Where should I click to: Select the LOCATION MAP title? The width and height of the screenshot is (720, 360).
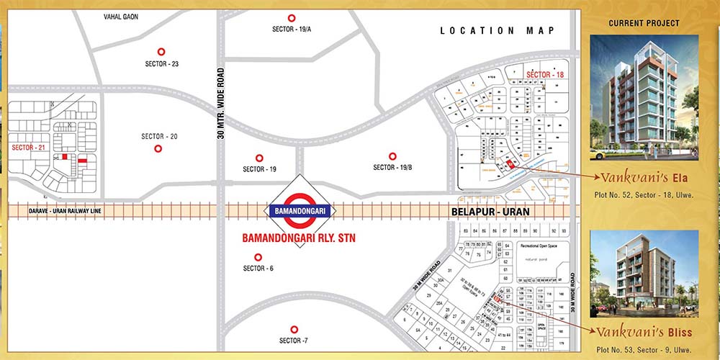(498, 30)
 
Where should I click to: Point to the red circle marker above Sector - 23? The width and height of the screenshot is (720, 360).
(161, 51)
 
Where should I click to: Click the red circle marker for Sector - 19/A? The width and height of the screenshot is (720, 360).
(292, 18)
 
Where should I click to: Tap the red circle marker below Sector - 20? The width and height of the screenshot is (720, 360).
(158, 149)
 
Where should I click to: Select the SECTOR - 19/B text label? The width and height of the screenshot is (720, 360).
(392, 168)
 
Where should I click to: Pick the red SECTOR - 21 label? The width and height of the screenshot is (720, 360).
(30, 147)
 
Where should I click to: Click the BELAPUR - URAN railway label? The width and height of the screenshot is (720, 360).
(490, 212)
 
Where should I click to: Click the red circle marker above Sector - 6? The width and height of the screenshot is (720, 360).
(257, 257)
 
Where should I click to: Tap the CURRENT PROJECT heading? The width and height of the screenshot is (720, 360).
(644, 23)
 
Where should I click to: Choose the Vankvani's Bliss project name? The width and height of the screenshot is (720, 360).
(644, 332)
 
